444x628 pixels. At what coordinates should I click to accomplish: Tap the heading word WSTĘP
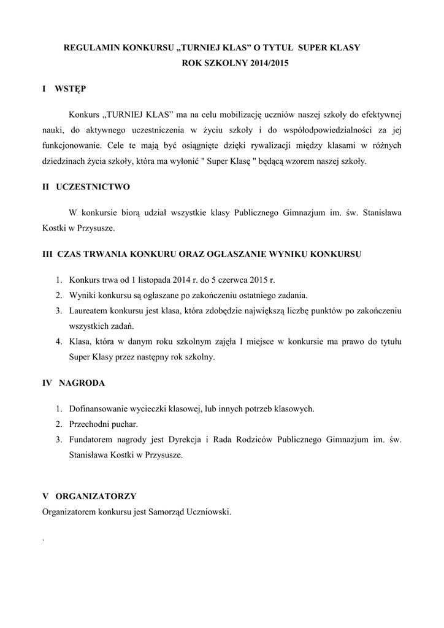pyautogui.click(x=71, y=89)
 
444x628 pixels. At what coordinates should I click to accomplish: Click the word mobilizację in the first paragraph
pyautogui.click(x=237, y=115)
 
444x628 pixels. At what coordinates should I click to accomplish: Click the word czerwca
pyautogui.click(x=237, y=279)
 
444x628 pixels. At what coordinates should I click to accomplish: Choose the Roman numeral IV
pyautogui.click(x=47, y=383)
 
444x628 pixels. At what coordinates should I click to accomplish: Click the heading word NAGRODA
pyautogui.click(x=82, y=383)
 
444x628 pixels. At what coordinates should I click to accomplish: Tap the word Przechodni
pyautogui.click(x=88, y=424)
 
